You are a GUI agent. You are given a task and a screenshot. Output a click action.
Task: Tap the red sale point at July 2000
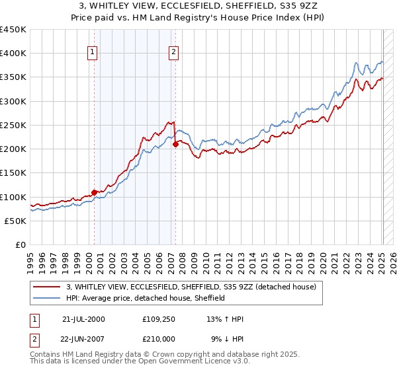95,193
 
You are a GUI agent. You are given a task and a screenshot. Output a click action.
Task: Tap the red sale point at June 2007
175,145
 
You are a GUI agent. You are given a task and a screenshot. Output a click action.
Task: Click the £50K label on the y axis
15,221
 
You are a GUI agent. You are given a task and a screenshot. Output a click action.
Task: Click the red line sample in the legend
48,287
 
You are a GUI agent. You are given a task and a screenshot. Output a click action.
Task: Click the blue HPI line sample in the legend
48,298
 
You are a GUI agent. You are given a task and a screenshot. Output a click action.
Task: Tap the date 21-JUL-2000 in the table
83,319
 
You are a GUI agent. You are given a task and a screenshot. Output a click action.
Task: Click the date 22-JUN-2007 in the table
83,339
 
